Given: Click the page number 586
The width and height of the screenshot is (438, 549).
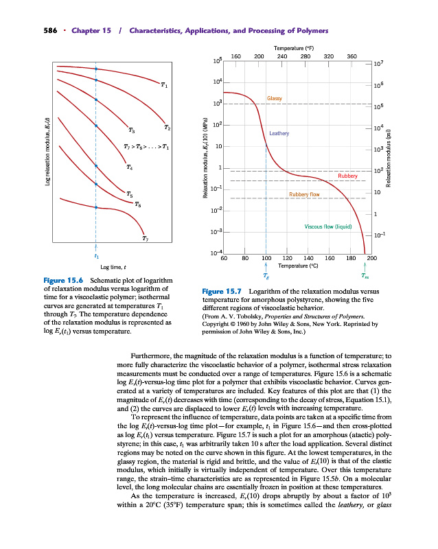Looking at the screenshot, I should [x=31, y=32].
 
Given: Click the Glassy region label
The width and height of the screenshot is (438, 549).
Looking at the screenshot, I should [x=275, y=99].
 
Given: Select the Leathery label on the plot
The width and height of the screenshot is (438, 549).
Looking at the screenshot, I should [x=280, y=133].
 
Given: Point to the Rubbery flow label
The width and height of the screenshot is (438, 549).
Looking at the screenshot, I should [x=304, y=194].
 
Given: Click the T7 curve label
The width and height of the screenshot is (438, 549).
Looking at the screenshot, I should [x=145, y=238].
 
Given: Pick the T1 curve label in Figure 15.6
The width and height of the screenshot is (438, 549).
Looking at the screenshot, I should [x=164, y=85].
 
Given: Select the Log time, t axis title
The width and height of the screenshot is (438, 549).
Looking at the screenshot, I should [x=113, y=267].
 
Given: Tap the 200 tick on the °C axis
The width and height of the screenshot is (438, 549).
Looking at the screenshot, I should [x=372, y=258].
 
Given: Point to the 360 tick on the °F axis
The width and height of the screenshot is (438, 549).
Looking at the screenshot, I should [x=351, y=56].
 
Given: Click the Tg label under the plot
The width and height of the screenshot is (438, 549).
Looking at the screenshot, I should [x=266, y=276].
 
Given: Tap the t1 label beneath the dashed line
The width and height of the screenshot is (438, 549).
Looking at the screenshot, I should [x=95, y=255].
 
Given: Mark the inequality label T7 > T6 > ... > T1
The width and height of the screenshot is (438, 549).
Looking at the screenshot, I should [x=146, y=147].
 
